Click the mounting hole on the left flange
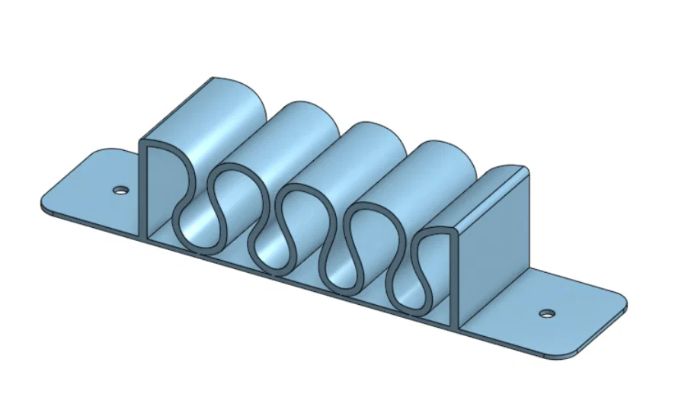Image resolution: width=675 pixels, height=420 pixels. (120, 190)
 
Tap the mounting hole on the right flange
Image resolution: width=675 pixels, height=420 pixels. (545, 313)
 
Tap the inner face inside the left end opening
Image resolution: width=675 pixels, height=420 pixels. (162, 191)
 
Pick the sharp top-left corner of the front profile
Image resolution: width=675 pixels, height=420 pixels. (139, 142)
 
